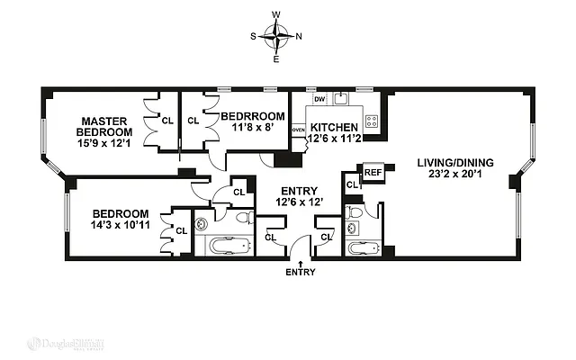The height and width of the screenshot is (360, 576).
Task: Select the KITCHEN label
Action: click(335, 127)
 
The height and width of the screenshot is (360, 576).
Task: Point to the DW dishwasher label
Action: click(318, 99)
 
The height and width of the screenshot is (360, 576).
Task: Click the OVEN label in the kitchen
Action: click(298, 130)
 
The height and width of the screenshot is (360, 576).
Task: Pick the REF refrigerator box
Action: click(372, 171)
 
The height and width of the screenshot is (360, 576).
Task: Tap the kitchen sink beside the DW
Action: click(340, 99)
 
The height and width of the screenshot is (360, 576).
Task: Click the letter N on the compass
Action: click(299, 37)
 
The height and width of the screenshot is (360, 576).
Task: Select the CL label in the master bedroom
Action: click(166, 118)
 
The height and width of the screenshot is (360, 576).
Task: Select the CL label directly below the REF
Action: click(350, 184)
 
